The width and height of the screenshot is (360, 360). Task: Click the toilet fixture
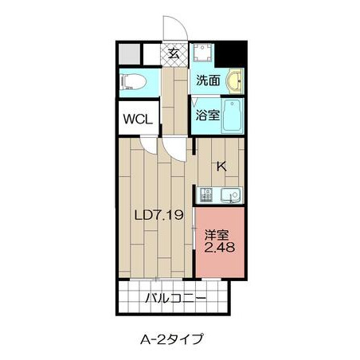tap(133, 81)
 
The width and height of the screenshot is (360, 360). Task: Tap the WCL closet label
tap(138, 119)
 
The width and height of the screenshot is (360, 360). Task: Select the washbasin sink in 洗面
tap(234, 80)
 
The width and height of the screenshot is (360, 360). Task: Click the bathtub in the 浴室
tap(233, 115)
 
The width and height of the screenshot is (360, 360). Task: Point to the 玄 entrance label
tap(174, 54)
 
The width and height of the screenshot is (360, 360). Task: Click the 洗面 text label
tap(209, 80)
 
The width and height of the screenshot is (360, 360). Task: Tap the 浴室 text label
tap(208, 115)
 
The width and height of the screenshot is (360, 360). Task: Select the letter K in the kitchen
tap(221, 166)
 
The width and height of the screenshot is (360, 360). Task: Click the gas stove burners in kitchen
tap(206, 195)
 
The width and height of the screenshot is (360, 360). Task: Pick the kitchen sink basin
tap(232, 195)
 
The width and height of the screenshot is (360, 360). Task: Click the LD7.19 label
tap(159, 215)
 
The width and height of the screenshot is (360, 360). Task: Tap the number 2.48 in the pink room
tap(219, 248)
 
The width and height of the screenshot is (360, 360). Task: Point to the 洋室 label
tap(217, 235)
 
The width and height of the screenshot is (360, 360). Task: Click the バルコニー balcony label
tap(175, 299)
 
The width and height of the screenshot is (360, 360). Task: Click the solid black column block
tap(230, 54)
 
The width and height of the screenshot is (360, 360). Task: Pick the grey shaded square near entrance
tap(129, 54)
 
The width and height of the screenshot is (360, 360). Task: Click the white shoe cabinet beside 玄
tap(152, 54)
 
